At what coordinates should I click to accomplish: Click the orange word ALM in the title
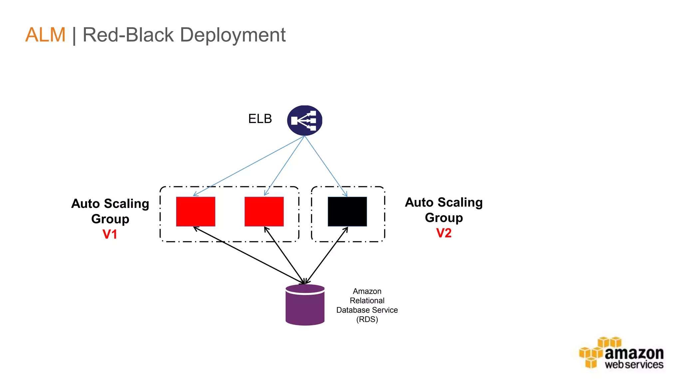tap(46, 35)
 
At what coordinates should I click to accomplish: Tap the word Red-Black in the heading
tap(128, 35)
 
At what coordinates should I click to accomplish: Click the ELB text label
tap(260, 119)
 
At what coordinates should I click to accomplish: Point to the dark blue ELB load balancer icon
tap(305, 120)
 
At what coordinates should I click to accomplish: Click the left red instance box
tap(195, 211)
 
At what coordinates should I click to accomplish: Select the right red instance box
tap(264, 211)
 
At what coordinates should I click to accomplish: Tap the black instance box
tap(347, 211)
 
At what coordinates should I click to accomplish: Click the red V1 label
tap(110, 234)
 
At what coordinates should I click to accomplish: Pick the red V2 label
tap(444, 233)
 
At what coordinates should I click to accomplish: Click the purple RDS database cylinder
tap(305, 305)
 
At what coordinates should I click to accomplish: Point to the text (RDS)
tap(367, 319)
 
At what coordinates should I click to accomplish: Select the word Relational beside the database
tap(367, 301)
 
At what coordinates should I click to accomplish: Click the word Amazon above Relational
tap(367, 291)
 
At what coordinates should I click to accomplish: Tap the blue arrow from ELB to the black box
tap(326, 166)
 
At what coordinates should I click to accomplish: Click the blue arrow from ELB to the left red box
tap(249, 166)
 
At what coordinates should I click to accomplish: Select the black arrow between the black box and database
tap(326, 256)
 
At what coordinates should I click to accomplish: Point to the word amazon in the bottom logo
tap(634, 353)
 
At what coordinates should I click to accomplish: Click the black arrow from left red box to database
tap(249, 255)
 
